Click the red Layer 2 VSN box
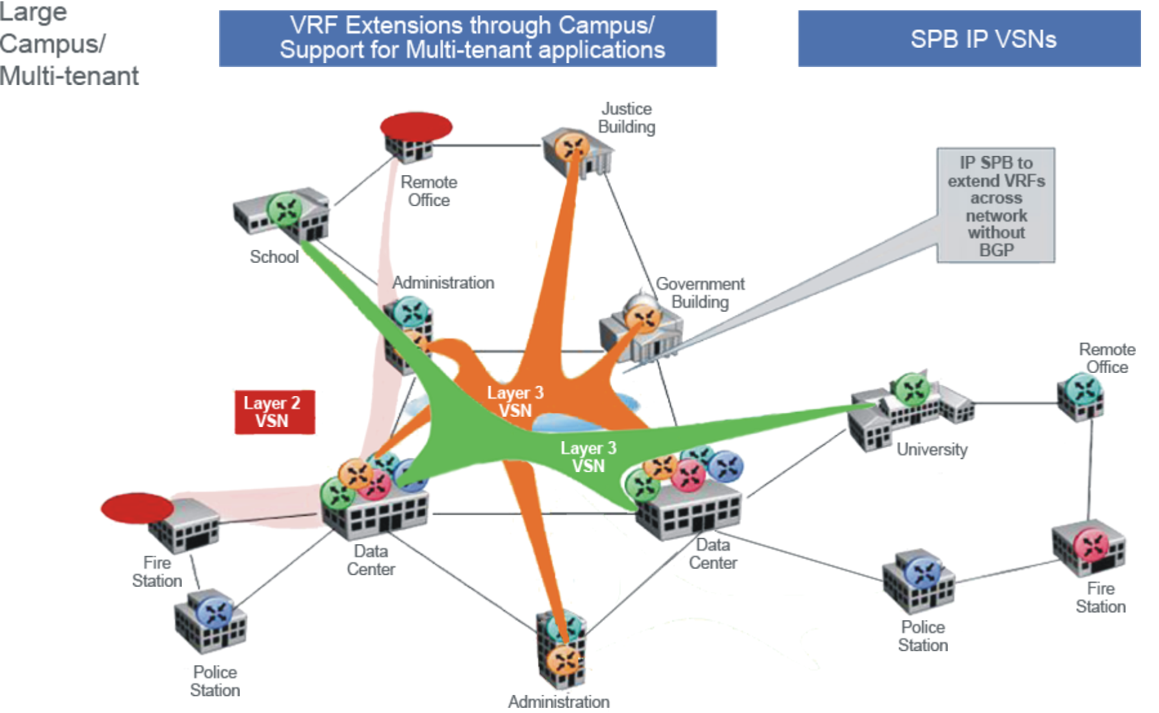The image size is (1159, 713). point(274,412)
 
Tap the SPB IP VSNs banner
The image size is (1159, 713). point(969,39)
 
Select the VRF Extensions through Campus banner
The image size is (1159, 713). point(468,38)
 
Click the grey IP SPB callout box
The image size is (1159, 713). point(995,205)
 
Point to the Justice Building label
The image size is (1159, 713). point(626,118)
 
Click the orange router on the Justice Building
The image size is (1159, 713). point(572,147)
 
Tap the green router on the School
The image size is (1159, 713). point(285,209)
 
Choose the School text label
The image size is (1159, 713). point(274,256)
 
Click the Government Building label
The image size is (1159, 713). point(700,293)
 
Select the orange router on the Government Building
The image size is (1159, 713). point(642,317)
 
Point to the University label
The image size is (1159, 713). point(932,449)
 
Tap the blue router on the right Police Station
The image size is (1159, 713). point(923,573)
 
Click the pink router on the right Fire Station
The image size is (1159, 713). point(1091,545)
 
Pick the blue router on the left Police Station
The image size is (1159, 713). point(215,612)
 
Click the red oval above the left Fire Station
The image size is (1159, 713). point(137,508)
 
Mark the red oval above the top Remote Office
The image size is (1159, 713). point(416,126)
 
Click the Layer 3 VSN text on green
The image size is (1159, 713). point(588,457)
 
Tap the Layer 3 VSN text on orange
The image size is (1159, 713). point(515,401)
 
